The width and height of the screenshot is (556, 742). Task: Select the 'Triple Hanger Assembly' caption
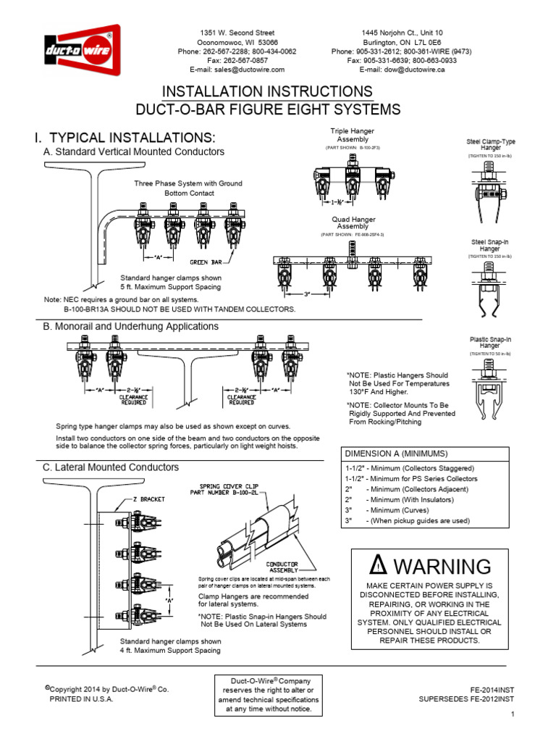[x=353, y=135]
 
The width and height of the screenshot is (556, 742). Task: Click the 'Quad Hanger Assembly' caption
[x=353, y=222]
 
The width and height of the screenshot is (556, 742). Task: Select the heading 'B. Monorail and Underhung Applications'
[x=131, y=327]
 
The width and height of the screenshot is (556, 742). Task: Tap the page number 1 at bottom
[x=511, y=715]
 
